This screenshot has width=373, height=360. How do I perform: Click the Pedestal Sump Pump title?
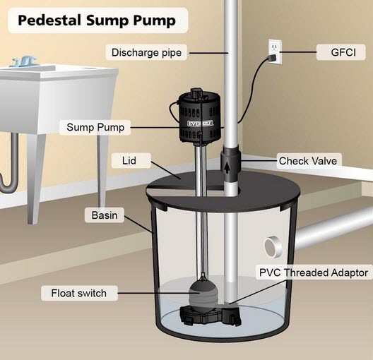point(97,20)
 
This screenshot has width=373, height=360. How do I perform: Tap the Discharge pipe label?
point(146,52)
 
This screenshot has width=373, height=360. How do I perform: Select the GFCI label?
point(343,52)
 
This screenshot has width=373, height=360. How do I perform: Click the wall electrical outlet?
point(276,52)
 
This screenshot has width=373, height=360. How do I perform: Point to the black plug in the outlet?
point(273,58)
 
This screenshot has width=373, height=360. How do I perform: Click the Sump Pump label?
point(95,127)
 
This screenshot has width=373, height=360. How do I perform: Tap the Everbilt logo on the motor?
point(201,124)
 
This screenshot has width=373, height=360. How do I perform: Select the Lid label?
point(129,161)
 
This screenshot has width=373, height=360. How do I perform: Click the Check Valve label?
point(308,161)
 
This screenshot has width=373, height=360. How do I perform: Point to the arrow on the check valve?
point(227,168)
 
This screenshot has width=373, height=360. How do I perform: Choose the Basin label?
point(105,215)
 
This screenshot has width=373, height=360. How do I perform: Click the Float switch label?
point(78,293)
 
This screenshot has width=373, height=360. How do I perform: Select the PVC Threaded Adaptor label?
point(314,272)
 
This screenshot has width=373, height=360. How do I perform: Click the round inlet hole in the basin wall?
point(273,247)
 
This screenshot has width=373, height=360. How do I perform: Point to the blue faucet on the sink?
point(25,61)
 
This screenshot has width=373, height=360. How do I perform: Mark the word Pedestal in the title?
point(49,20)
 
